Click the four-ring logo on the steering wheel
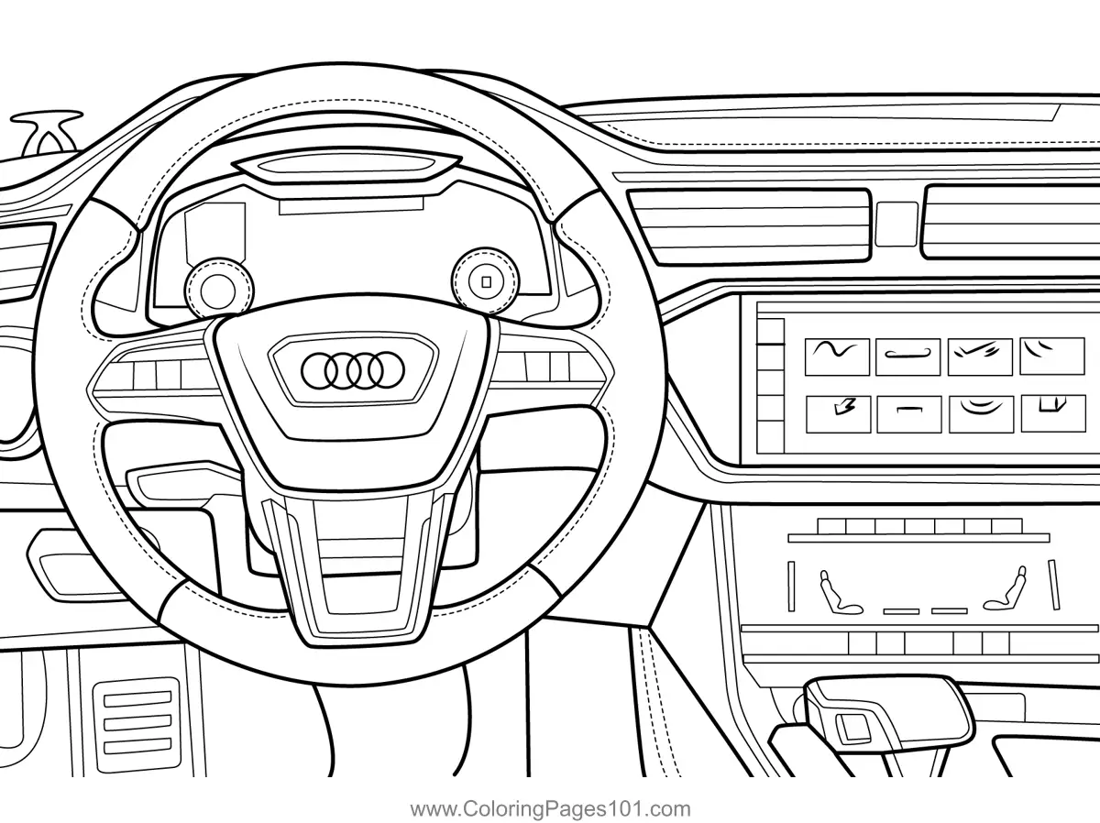(351, 369)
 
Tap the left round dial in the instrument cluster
(216, 288)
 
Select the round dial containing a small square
(486, 280)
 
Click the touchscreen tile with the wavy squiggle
(836, 355)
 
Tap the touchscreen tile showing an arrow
(836, 413)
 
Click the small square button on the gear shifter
(858, 728)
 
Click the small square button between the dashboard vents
(896, 224)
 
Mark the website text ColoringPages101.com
(550, 808)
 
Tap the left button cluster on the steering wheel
(156, 373)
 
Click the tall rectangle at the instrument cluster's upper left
(215, 233)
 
